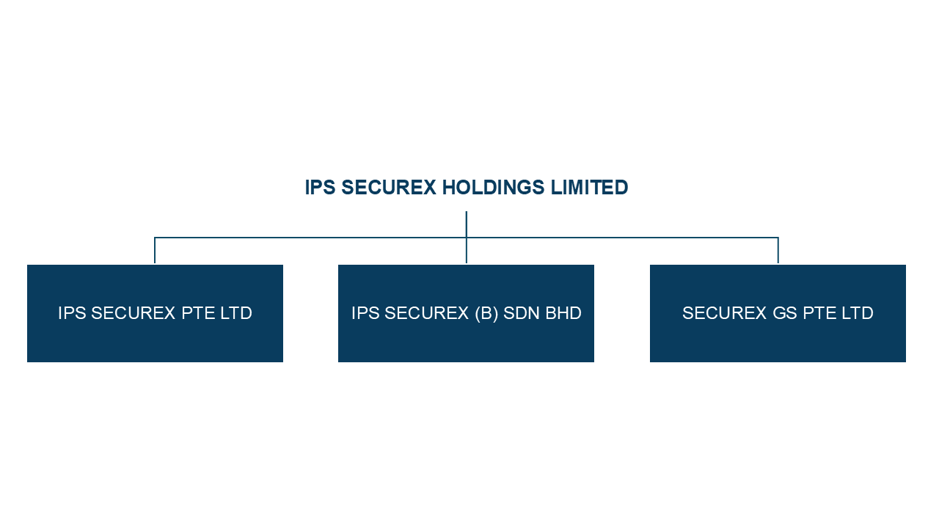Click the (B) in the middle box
pyautogui.click(x=486, y=314)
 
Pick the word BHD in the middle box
pyautogui.click(x=563, y=314)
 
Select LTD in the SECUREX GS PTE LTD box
pyautogui.click(x=856, y=314)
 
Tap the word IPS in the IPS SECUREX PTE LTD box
pyautogui.click(x=72, y=314)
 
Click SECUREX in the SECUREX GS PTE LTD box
pyautogui.click(x=725, y=314)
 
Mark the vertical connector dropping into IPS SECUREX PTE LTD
pyautogui.click(x=155, y=250)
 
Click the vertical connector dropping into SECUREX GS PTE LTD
pyautogui.click(x=778, y=250)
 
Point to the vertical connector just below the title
pyautogui.click(x=467, y=224)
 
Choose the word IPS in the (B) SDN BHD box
pyautogui.click(x=365, y=314)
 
